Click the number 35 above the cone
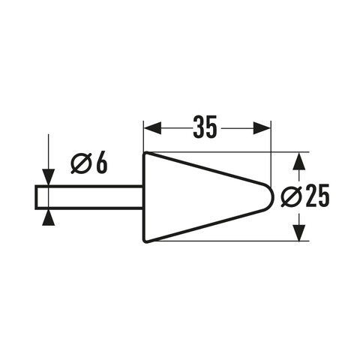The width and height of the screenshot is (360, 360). coord(205,127)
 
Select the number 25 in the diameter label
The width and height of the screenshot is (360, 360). coord(317,196)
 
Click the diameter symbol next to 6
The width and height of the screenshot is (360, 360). coord(80,163)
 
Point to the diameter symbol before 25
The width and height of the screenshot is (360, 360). coord(290,196)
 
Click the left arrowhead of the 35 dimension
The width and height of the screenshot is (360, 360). coord(153,128)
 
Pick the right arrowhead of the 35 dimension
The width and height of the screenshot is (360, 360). coord(262,128)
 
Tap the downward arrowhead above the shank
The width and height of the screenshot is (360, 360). coord(48,177)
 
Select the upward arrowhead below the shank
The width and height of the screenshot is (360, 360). coord(48,217)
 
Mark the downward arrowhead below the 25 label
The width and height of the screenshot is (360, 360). coord(299,233)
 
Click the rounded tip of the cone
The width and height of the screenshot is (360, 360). coord(274,196)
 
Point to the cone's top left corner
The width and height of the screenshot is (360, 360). coord(145,152)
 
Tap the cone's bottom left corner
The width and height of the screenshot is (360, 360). coord(145,241)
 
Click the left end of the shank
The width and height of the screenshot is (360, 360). coord(36,197)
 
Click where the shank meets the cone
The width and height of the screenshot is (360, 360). coord(143,197)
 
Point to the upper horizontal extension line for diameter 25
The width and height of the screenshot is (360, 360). coord(228,152)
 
